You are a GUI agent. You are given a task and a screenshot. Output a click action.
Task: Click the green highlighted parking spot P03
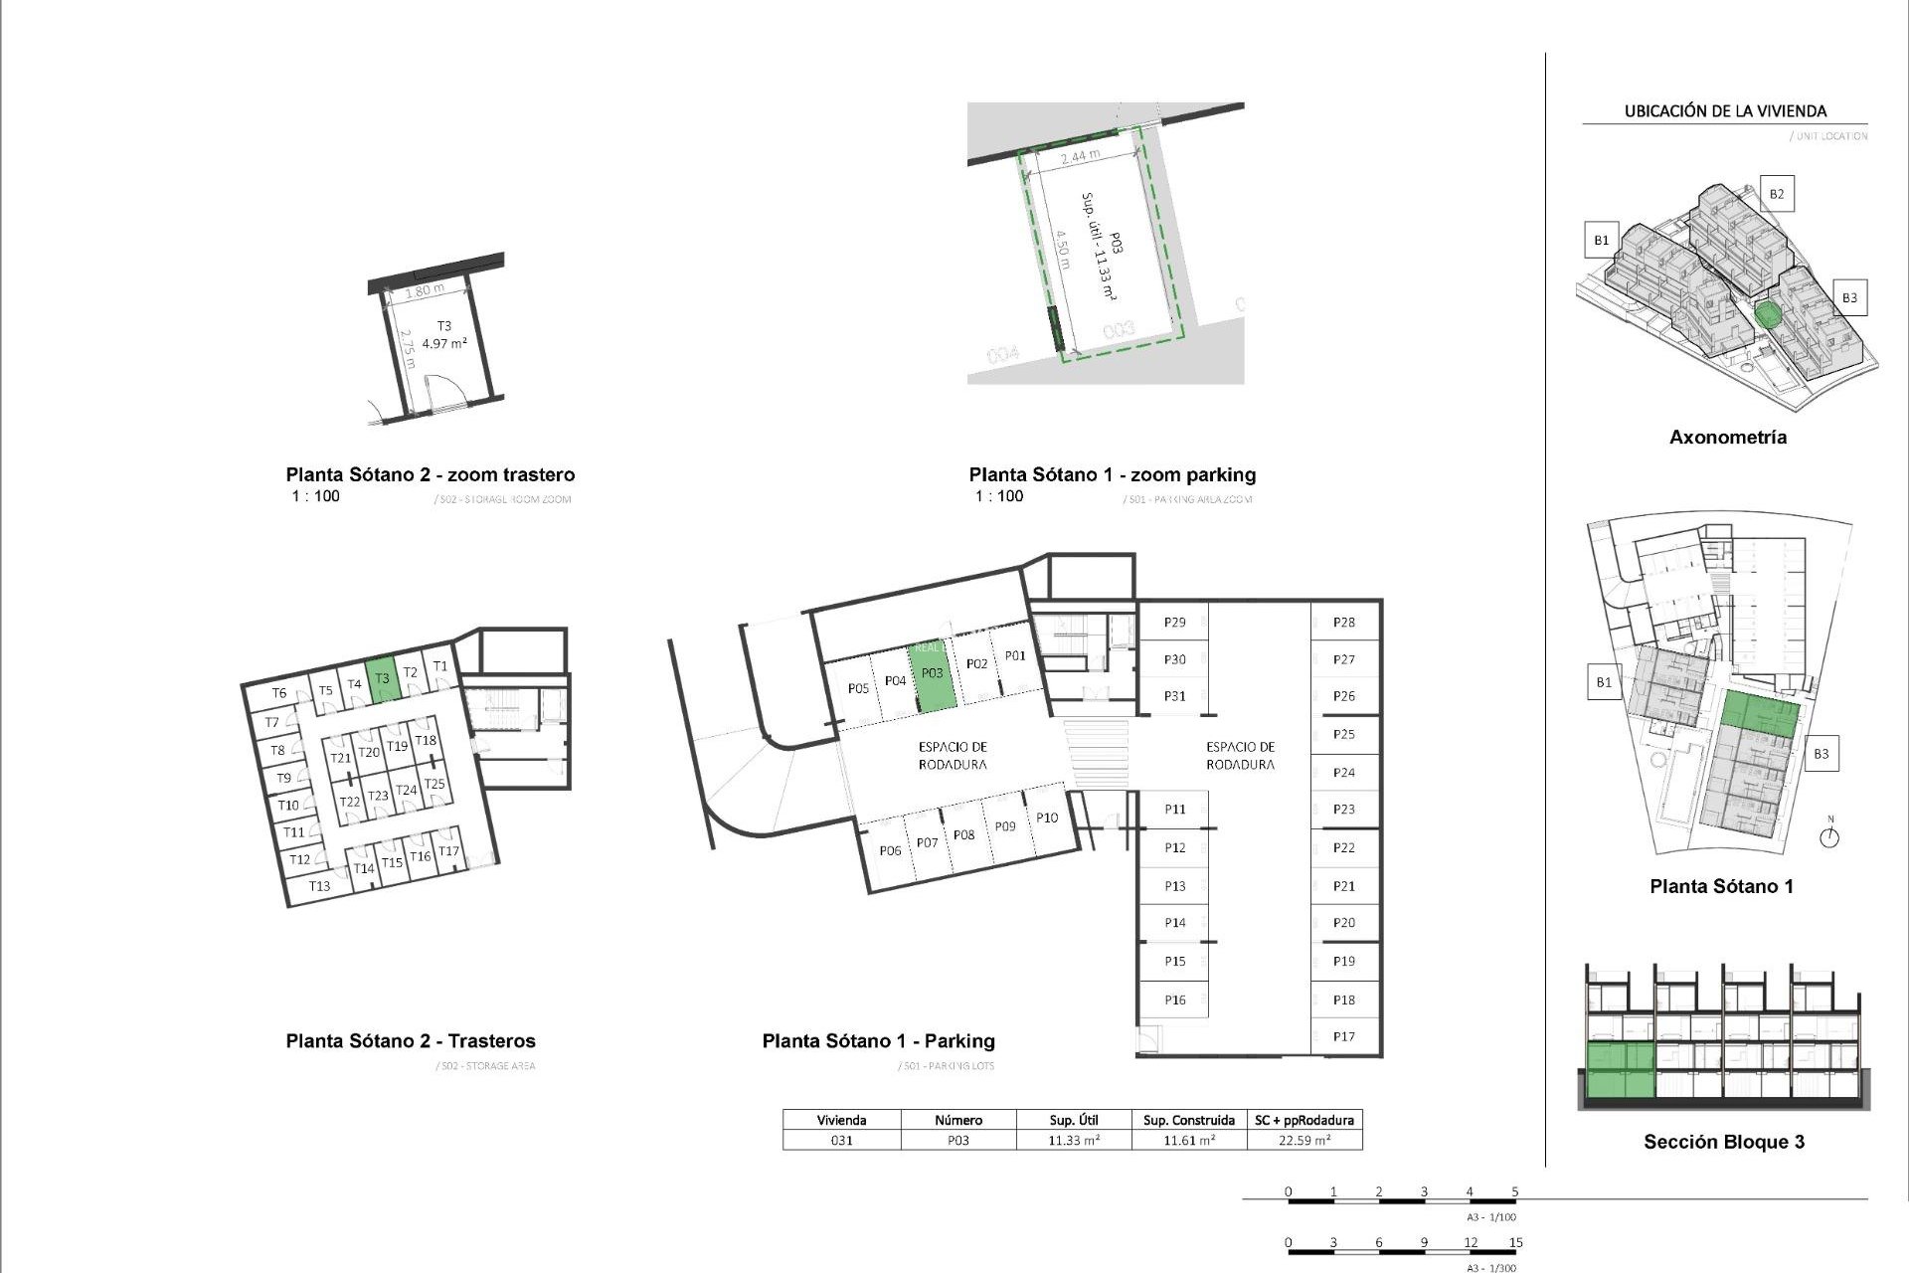(x=933, y=675)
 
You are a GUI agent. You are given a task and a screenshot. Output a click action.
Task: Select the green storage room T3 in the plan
(x=382, y=680)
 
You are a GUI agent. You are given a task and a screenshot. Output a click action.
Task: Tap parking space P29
(x=1174, y=623)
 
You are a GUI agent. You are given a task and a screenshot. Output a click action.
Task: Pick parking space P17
(x=1343, y=1036)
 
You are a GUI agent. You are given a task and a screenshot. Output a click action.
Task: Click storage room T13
(x=319, y=886)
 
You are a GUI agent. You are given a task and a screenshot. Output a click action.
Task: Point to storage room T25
(x=434, y=784)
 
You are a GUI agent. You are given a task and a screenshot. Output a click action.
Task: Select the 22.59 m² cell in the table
(x=1303, y=1141)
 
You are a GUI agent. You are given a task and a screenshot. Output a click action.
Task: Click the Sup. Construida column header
(x=1188, y=1120)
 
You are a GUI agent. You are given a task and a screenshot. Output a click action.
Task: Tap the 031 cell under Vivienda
(x=841, y=1141)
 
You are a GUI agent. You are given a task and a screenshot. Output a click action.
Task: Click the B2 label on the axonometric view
(x=1776, y=194)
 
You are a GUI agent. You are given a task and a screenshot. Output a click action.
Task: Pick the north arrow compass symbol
(x=1829, y=835)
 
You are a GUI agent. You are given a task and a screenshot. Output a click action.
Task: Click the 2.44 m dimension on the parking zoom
(x=1080, y=156)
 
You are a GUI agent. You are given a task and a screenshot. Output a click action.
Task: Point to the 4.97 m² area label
(x=444, y=343)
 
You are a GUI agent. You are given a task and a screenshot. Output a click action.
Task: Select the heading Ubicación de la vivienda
(x=1725, y=111)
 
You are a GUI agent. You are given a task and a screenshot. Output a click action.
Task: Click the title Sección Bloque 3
(x=1723, y=1142)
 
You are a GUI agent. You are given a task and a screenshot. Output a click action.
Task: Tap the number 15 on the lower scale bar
(x=1515, y=1242)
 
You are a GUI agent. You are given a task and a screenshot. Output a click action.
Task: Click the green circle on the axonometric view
(x=1767, y=315)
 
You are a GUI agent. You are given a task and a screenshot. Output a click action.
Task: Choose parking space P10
(x=1046, y=818)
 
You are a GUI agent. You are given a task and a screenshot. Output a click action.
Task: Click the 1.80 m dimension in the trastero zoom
(x=425, y=290)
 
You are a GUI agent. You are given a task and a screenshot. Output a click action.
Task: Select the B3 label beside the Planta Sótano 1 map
(x=1821, y=754)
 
